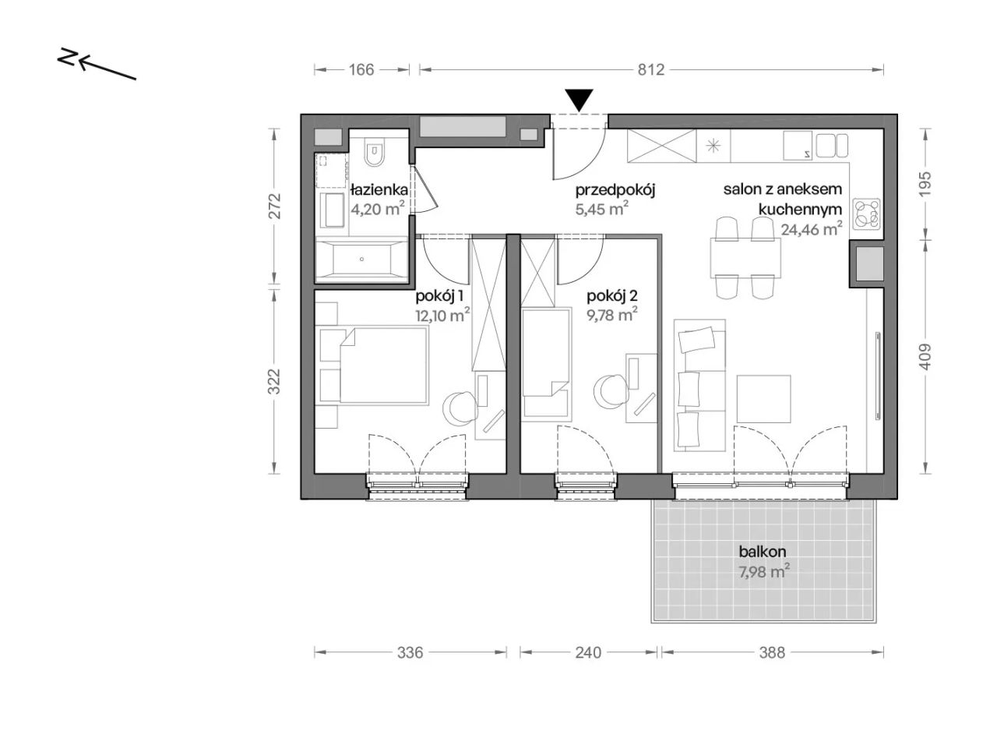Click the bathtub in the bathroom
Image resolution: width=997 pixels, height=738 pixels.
point(362,260)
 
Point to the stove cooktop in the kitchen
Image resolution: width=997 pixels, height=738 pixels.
point(867,214)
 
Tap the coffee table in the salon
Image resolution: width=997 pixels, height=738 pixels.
point(763,399)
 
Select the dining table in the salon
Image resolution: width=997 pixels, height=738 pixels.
point(744,258)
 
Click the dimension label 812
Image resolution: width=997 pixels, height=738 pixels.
point(650,69)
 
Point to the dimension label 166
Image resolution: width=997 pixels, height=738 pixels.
point(361,69)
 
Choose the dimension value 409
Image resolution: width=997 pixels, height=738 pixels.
point(925,357)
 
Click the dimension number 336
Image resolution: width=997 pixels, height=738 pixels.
point(410,652)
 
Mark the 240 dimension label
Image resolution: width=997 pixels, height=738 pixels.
point(588,652)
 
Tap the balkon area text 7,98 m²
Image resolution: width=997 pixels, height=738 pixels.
point(764,572)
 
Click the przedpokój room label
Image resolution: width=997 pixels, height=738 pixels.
point(615,191)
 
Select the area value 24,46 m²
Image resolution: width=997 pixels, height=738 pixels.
point(812,229)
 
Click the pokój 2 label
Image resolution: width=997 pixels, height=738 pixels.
point(611,296)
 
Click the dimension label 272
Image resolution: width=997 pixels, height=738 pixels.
point(275,206)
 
